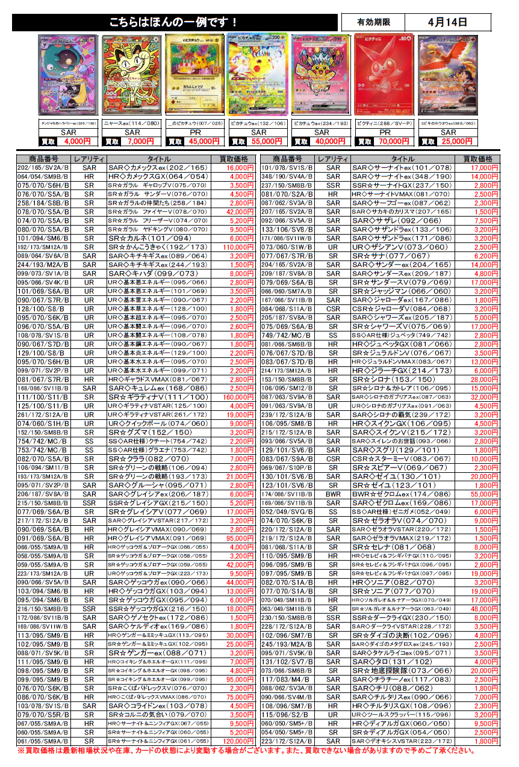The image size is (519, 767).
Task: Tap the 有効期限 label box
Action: coord(373,22)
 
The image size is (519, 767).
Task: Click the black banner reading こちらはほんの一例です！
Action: coord(175,22)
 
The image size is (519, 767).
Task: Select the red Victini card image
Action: coord(385,74)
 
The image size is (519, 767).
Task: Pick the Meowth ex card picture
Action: coord(132,74)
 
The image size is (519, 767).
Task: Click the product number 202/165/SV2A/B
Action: coord(43,168)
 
